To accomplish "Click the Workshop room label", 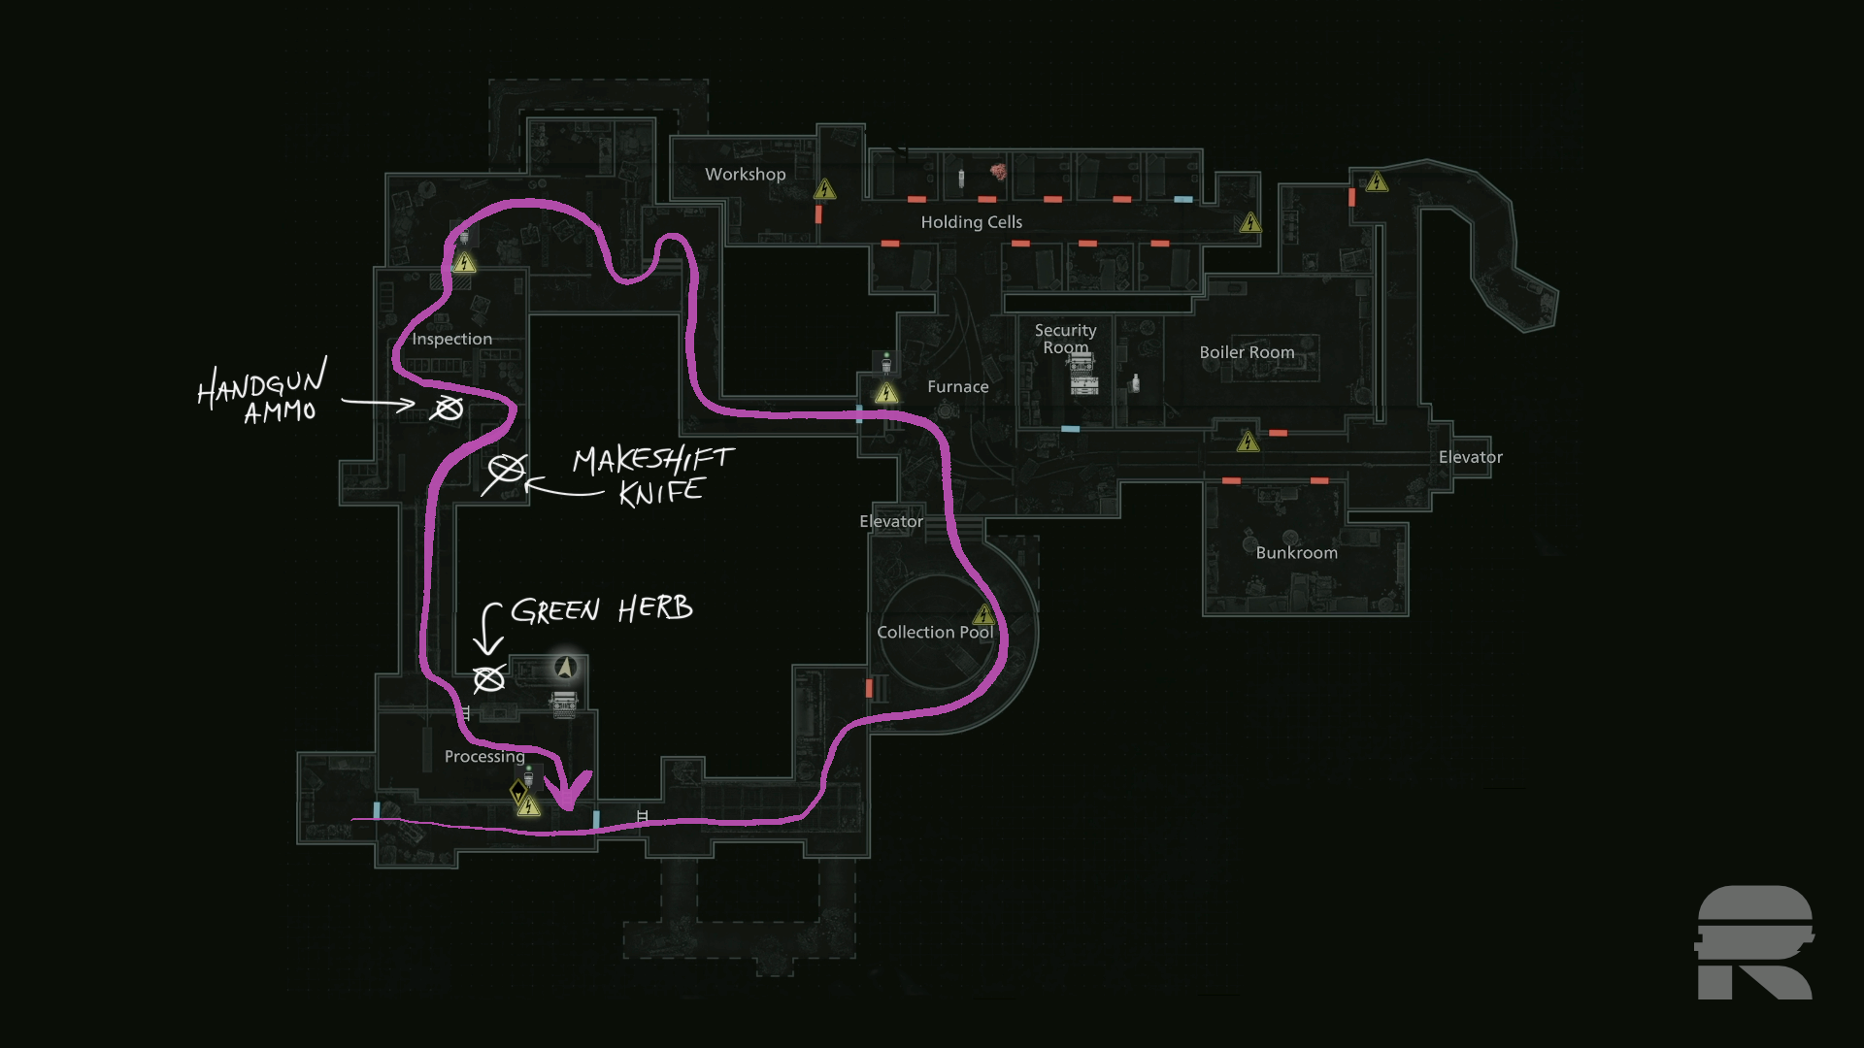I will pos(745,175).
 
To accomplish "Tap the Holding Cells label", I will pos(971,222).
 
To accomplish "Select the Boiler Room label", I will pos(1247,352).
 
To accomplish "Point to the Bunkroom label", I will pos(1296,553).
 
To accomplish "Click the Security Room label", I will pos(1065,339).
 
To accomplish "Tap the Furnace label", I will pos(957,387).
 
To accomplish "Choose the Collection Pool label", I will pos(934,633).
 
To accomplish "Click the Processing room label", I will pos(484,757).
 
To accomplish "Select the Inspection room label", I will pos(451,339).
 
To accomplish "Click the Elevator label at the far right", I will pos(1470,457).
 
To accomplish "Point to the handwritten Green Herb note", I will pos(601,609).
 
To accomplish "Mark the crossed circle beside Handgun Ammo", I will pos(448,409).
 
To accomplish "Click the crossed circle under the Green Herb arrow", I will pos(488,678).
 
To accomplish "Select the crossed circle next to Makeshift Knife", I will pos(506,472).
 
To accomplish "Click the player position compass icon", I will pos(566,668).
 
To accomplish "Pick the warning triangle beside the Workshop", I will pos(825,188).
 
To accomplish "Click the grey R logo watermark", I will pos(1754,942).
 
